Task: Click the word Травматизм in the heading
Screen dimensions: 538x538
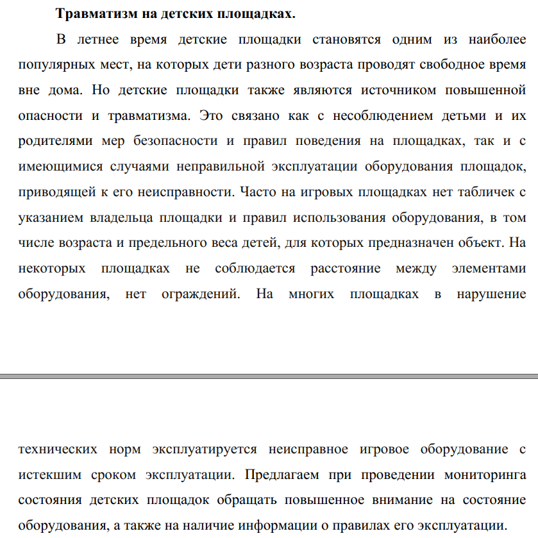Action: pyautogui.click(x=94, y=13)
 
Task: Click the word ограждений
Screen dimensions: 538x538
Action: pyautogui.click(x=207, y=294)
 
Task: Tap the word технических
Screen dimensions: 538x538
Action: pyautogui.click(x=58, y=449)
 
